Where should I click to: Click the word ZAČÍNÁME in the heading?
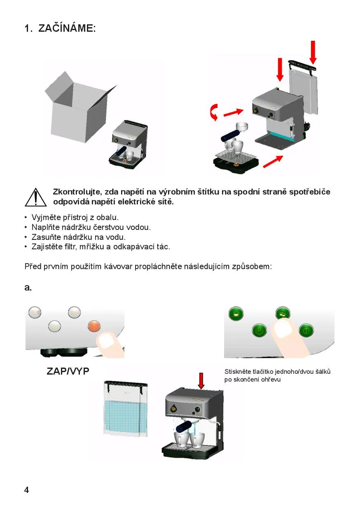(67, 28)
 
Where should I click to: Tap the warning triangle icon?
(35, 197)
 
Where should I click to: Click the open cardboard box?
(80, 107)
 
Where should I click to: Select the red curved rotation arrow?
(214, 112)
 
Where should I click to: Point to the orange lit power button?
(94, 326)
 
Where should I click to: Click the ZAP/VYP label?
(68, 372)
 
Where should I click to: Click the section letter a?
(28, 288)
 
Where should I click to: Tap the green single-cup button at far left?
(236, 314)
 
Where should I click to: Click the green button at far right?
(306, 330)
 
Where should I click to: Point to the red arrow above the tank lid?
(313, 52)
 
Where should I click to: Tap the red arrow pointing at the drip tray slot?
(273, 161)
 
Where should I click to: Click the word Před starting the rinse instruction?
(33, 267)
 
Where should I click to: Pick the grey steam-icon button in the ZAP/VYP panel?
(54, 326)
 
